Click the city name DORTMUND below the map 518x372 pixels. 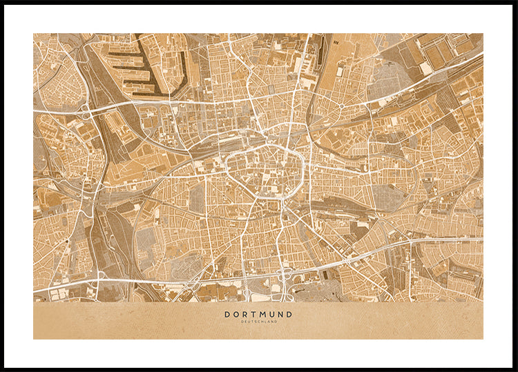pos(258,314)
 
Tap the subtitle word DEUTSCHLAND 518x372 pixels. pos(258,322)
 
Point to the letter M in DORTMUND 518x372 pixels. pos(261,314)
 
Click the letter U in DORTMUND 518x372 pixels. pos(271,314)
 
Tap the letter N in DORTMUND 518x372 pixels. pos(280,314)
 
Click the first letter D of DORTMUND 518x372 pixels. pos(227,314)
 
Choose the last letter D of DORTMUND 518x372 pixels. pos(289,314)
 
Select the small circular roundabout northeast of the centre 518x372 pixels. pos(340,107)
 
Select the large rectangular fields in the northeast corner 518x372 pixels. pos(442,52)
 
